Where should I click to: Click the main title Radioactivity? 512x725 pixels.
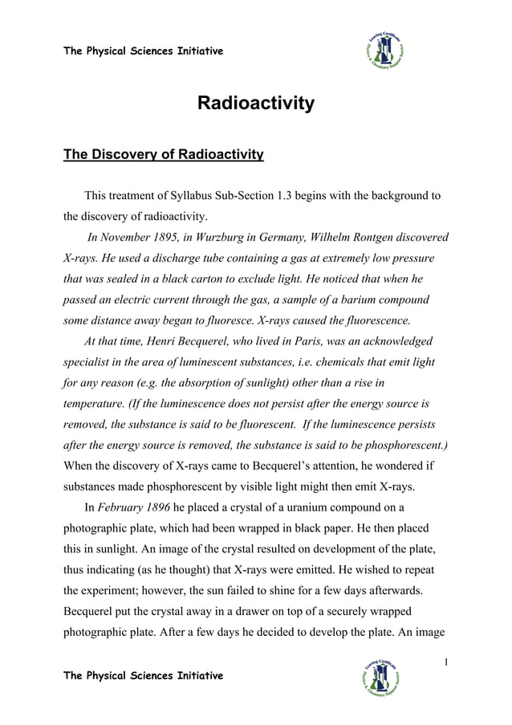coord(256,104)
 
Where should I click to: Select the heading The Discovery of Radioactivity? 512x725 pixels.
coord(164,154)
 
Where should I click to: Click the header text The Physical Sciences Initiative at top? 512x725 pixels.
coord(143,52)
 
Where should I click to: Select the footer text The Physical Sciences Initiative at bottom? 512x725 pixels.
coord(143,675)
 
